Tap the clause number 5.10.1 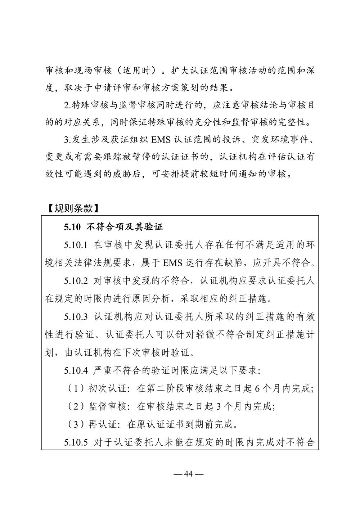(x=76, y=245)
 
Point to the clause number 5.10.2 (x=76, y=281)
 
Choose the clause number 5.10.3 (x=76, y=317)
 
